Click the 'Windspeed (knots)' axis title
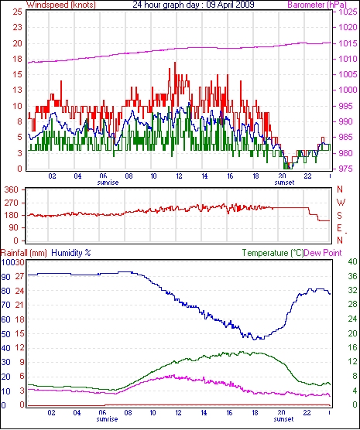click(x=60, y=5)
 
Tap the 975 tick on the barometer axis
click(x=345, y=169)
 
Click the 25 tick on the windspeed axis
click(x=17, y=12)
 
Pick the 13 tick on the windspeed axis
click(x=17, y=90)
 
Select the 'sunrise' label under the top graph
click(x=108, y=183)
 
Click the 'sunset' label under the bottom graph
click(x=283, y=419)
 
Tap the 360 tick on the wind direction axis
click(x=12, y=189)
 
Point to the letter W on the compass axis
click(x=341, y=203)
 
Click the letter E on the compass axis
click(x=339, y=228)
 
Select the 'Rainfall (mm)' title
click(x=24, y=253)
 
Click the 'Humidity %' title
click(x=71, y=253)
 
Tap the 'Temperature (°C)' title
click(x=273, y=253)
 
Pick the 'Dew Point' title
click(x=323, y=253)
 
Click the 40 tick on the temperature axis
click(x=352, y=261)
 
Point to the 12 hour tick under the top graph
click(x=179, y=176)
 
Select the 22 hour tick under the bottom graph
click(x=307, y=412)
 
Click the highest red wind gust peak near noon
click(x=175, y=63)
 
